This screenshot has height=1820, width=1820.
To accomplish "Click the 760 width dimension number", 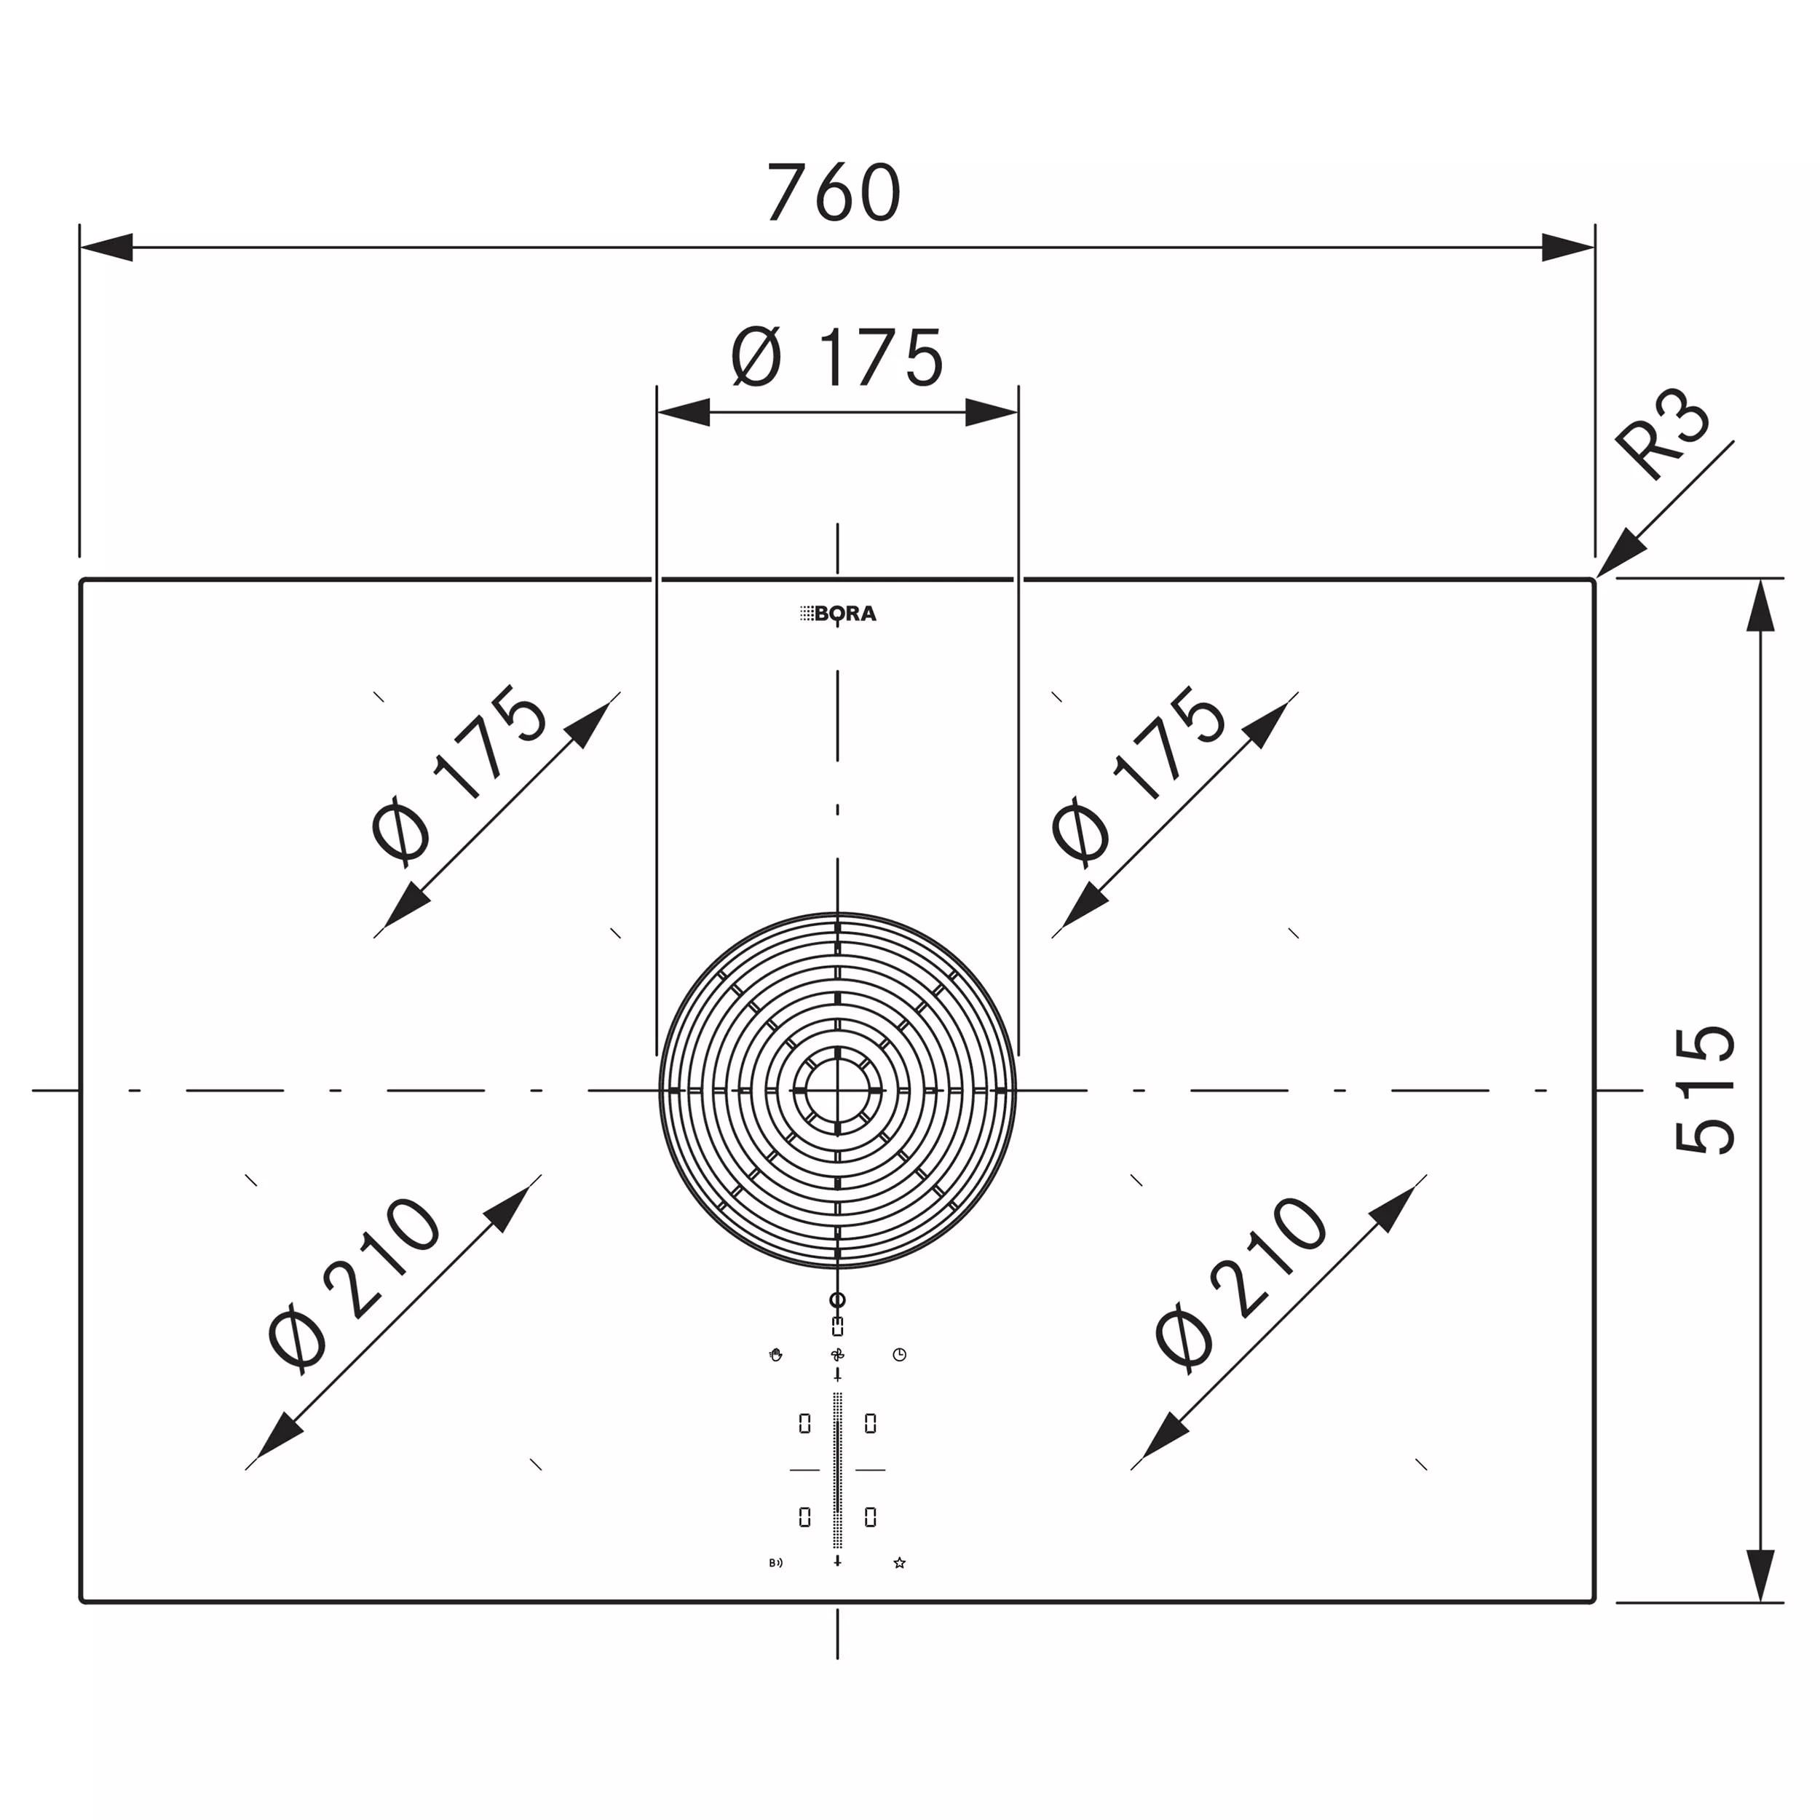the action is pyautogui.click(x=834, y=192).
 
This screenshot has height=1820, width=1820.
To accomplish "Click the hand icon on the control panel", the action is pyautogui.click(x=775, y=1355).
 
